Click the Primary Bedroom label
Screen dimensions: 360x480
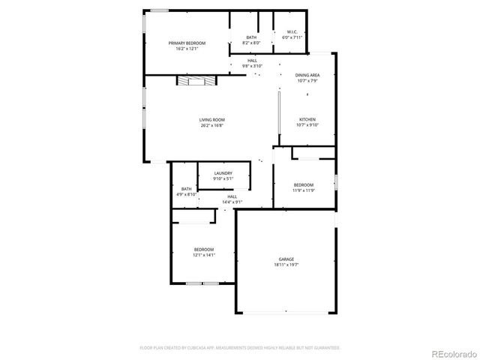(186, 43)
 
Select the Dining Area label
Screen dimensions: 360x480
(307, 76)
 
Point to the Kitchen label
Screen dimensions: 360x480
(307, 120)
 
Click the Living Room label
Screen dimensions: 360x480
(212, 120)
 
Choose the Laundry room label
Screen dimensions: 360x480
(223, 173)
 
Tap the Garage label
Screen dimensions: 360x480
(286, 259)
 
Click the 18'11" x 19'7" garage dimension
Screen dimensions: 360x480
(286, 265)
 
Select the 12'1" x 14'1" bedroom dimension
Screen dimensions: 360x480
(205, 255)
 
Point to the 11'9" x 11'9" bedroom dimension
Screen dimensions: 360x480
(304, 190)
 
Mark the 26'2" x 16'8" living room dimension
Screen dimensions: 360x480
(212, 125)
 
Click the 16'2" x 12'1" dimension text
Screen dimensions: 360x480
(186, 49)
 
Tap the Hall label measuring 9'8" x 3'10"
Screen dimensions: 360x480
(252, 60)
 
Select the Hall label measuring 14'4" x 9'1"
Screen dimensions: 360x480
(232, 196)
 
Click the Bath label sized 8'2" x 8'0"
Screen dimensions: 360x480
(251, 37)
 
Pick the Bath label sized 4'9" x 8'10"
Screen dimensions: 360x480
(186, 189)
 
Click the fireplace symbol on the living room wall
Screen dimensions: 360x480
(190, 80)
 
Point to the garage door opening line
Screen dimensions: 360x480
(286, 311)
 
